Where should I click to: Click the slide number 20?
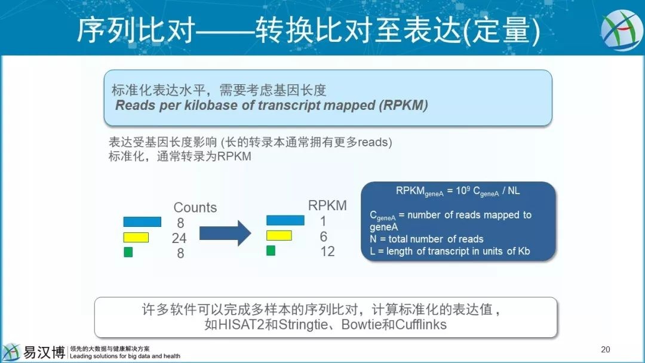point(606,349)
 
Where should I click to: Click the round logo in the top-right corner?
point(622,30)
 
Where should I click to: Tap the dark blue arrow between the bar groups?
point(225,233)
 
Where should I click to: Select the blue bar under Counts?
point(142,222)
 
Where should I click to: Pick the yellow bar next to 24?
point(136,238)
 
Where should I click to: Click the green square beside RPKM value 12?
point(271,251)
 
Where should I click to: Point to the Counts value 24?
point(179,238)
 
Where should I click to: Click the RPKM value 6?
point(323,236)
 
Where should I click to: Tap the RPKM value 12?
point(327,251)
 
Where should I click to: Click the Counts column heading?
point(195,208)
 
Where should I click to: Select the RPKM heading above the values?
point(327,205)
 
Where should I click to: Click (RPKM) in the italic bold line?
point(404,106)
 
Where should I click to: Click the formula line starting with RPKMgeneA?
point(457,192)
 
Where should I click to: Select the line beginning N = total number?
point(426,239)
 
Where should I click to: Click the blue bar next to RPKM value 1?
point(285,220)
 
